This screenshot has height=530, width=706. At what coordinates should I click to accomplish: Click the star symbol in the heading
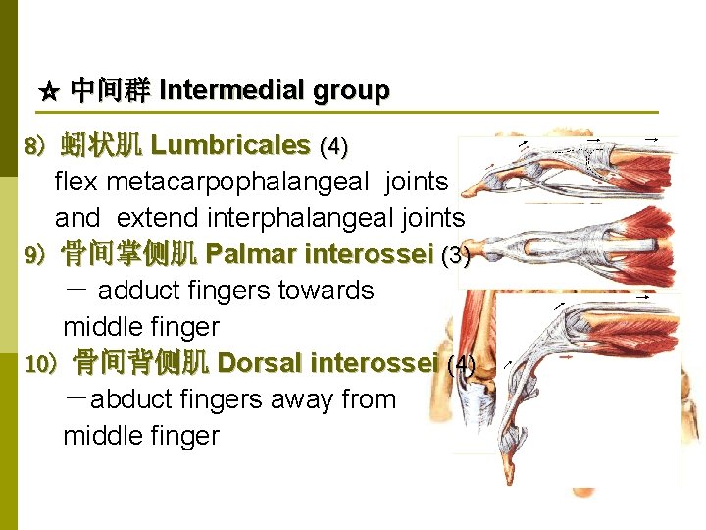tap(50, 92)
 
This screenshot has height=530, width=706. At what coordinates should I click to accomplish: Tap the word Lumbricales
tap(230, 146)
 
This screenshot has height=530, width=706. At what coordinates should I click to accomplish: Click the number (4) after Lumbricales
tap(334, 147)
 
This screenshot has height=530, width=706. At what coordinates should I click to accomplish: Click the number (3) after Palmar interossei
tap(457, 256)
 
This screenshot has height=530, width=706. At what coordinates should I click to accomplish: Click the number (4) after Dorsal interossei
tap(461, 365)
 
